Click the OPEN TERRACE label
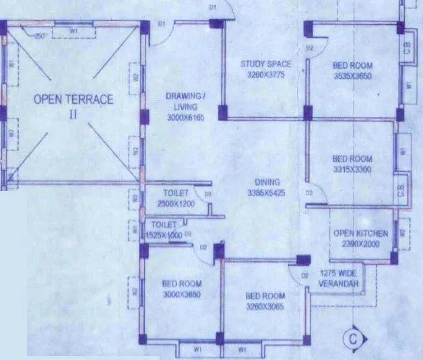coord(73,100)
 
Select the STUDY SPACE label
coord(266,65)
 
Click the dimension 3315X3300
coord(352,170)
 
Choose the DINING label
coord(267,182)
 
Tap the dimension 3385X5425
coord(267,193)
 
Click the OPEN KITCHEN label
coord(361,233)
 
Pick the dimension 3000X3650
coord(182,294)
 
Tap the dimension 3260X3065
coord(265,306)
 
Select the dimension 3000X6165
coord(185,117)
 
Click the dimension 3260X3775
coord(266,75)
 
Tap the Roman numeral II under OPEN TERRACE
coord(73,115)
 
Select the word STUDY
coord(253,65)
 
